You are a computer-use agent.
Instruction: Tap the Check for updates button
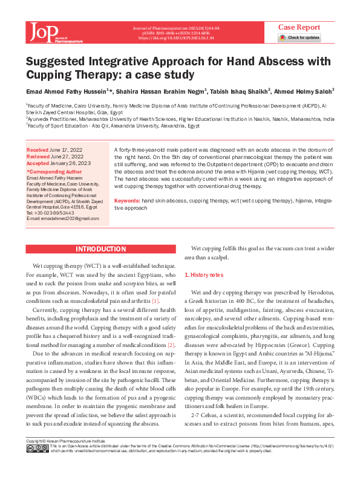[299, 37]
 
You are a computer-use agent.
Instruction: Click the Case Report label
[299, 27]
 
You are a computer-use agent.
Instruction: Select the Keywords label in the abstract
[127, 199]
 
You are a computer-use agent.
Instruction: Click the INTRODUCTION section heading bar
[100, 249]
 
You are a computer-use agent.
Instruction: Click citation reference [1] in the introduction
[155, 300]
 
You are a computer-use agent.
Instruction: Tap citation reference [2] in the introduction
[171, 344]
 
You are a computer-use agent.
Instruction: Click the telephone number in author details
[50, 213]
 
